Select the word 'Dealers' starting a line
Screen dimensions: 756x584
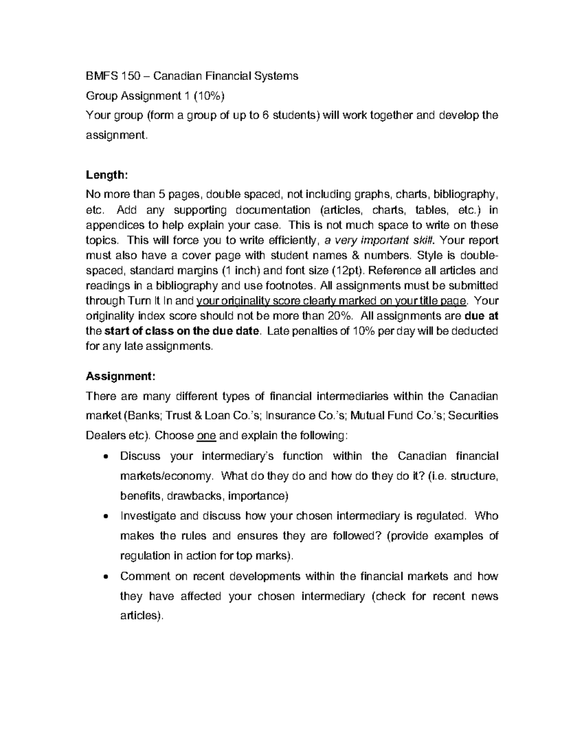pos(104,435)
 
